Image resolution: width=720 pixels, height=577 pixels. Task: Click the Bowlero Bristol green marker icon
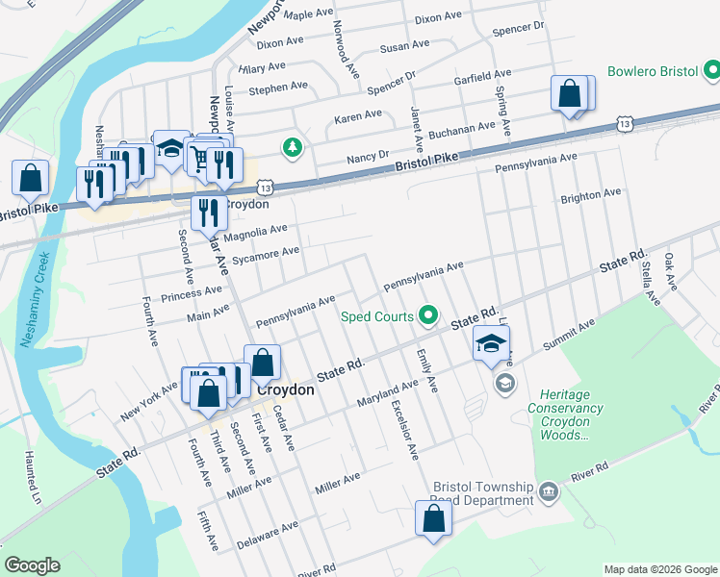tap(711, 71)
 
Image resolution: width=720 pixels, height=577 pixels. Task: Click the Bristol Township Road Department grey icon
tap(548, 492)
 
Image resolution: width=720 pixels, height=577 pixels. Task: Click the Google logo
tap(32, 565)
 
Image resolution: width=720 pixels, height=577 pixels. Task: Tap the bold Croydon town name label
tap(285, 390)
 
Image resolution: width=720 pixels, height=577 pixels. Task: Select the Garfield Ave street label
tap(484, 75)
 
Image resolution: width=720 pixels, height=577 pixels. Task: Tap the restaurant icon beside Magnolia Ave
tap(208, 212)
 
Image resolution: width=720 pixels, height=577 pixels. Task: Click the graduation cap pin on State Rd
tap(491, 343)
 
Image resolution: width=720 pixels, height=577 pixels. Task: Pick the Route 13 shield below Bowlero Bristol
tap(626, 124)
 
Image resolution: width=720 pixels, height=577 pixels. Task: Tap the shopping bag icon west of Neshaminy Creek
tap(30, 178)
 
